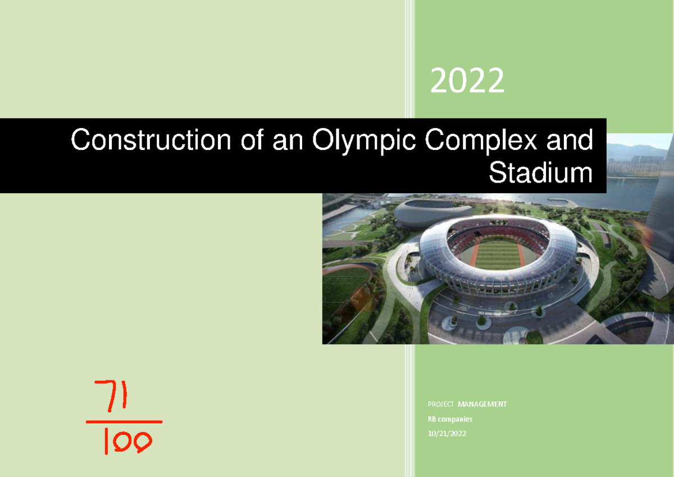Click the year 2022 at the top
coord(467,81)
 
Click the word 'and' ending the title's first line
coord(572,140)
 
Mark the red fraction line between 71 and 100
coord(124,421)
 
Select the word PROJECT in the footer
coord(441,405)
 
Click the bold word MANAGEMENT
coord(482,405)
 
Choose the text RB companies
coord(450,419)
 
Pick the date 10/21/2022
coord(447,434)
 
